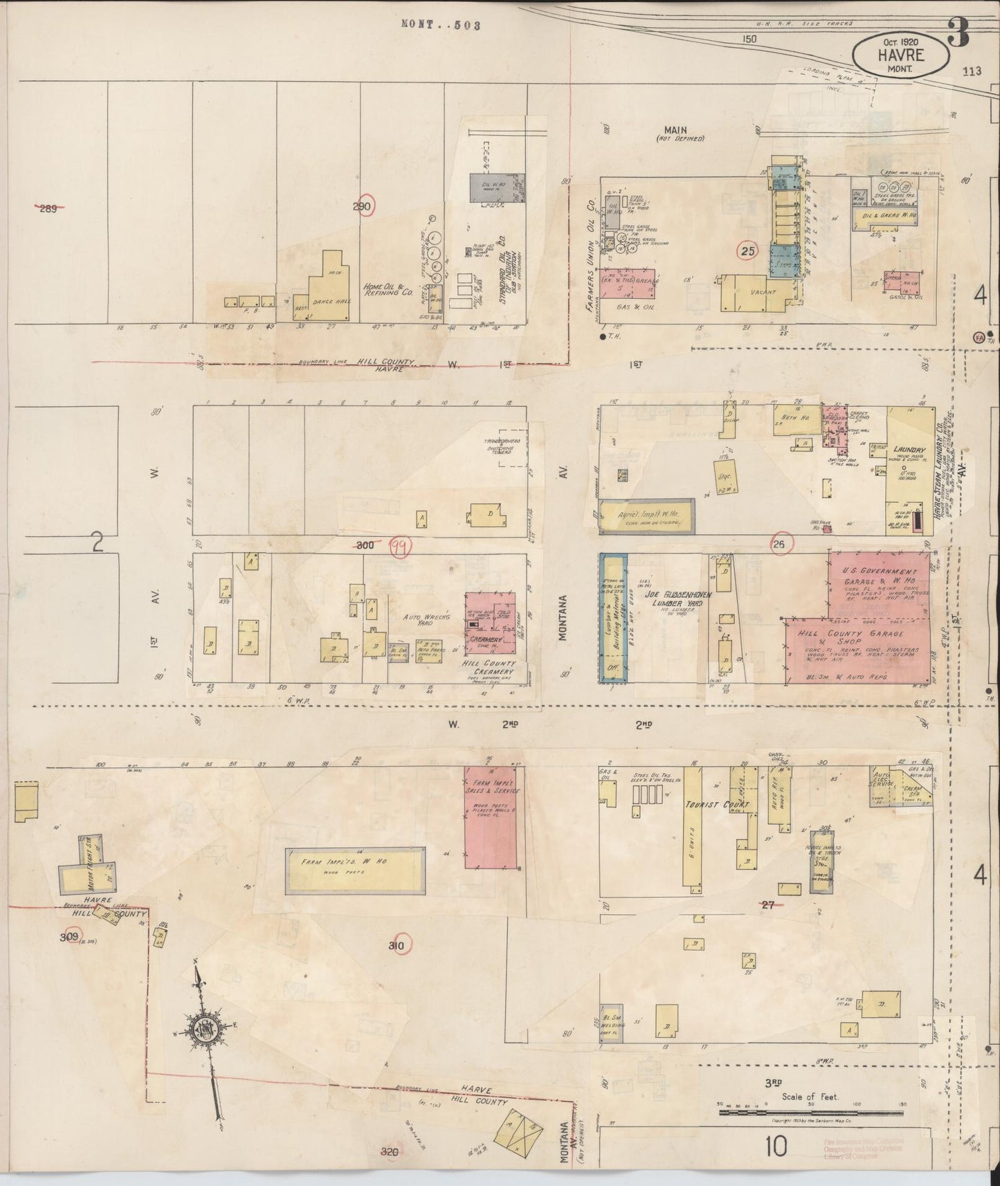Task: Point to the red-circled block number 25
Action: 747,251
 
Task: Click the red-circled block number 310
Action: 397,945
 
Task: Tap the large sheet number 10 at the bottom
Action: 776,1147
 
